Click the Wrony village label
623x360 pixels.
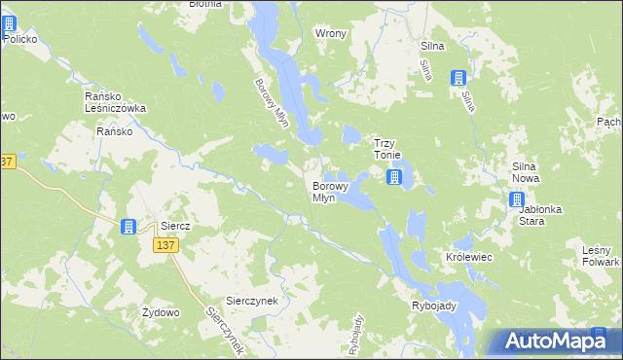331,33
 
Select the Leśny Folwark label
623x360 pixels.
601,256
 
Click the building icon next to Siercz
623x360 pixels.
128,228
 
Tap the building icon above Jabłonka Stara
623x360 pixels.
517,200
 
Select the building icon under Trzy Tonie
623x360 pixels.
393,177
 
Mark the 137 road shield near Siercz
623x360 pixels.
164,246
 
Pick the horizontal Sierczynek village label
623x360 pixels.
252,301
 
